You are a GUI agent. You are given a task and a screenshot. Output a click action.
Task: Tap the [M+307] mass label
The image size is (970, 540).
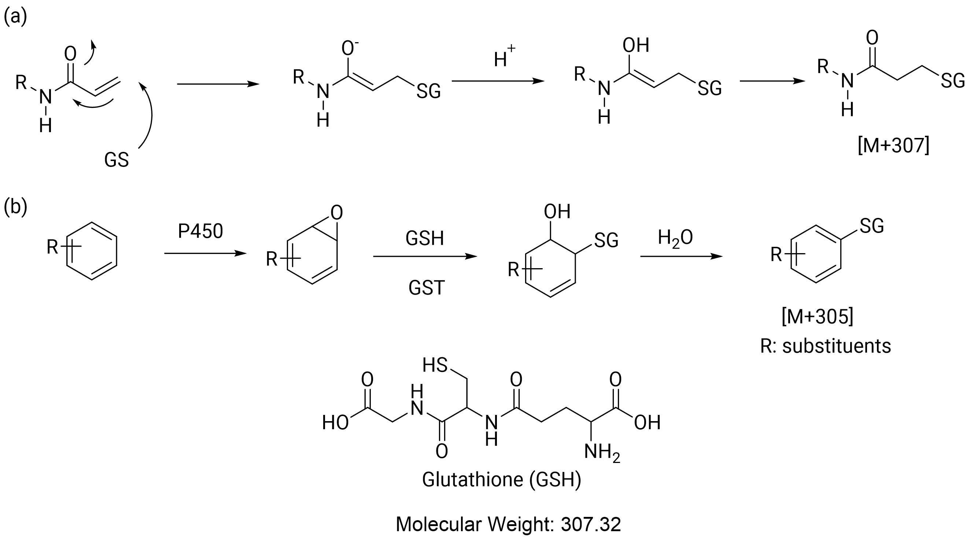(x=893, y=146)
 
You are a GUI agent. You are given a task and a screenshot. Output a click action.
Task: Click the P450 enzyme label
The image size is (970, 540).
(x=200, y=231)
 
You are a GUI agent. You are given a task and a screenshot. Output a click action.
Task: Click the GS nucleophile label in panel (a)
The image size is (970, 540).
(x=117, y=160)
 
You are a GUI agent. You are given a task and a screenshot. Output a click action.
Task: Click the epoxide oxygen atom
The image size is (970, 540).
(x=337, y=212)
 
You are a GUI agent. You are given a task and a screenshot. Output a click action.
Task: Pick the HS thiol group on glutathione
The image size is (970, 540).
(x=435, y=365)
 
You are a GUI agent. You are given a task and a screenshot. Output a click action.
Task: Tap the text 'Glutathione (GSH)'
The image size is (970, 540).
(x=502, y=480)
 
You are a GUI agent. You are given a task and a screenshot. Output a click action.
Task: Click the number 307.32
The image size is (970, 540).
(x=591, y=524)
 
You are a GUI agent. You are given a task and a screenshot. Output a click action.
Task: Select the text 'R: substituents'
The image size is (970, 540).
(x=825, y=346)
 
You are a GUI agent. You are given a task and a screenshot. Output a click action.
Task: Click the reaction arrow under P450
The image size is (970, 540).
(x=206, y=253)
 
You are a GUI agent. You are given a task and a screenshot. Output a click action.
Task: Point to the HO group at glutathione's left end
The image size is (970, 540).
(x=335, y=423)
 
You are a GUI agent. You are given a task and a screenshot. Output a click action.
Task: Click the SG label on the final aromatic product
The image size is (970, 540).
(x=872, y=226)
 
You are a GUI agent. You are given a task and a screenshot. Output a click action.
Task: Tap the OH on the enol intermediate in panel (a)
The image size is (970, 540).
(x=636, y=45)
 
